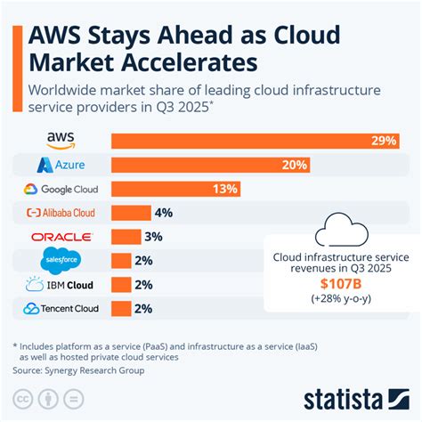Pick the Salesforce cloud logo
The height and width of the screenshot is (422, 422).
point(61,260)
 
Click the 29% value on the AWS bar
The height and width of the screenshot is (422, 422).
point(385,141)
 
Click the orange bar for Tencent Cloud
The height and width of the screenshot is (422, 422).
point(121,309)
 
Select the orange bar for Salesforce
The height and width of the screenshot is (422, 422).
point(121,261)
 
